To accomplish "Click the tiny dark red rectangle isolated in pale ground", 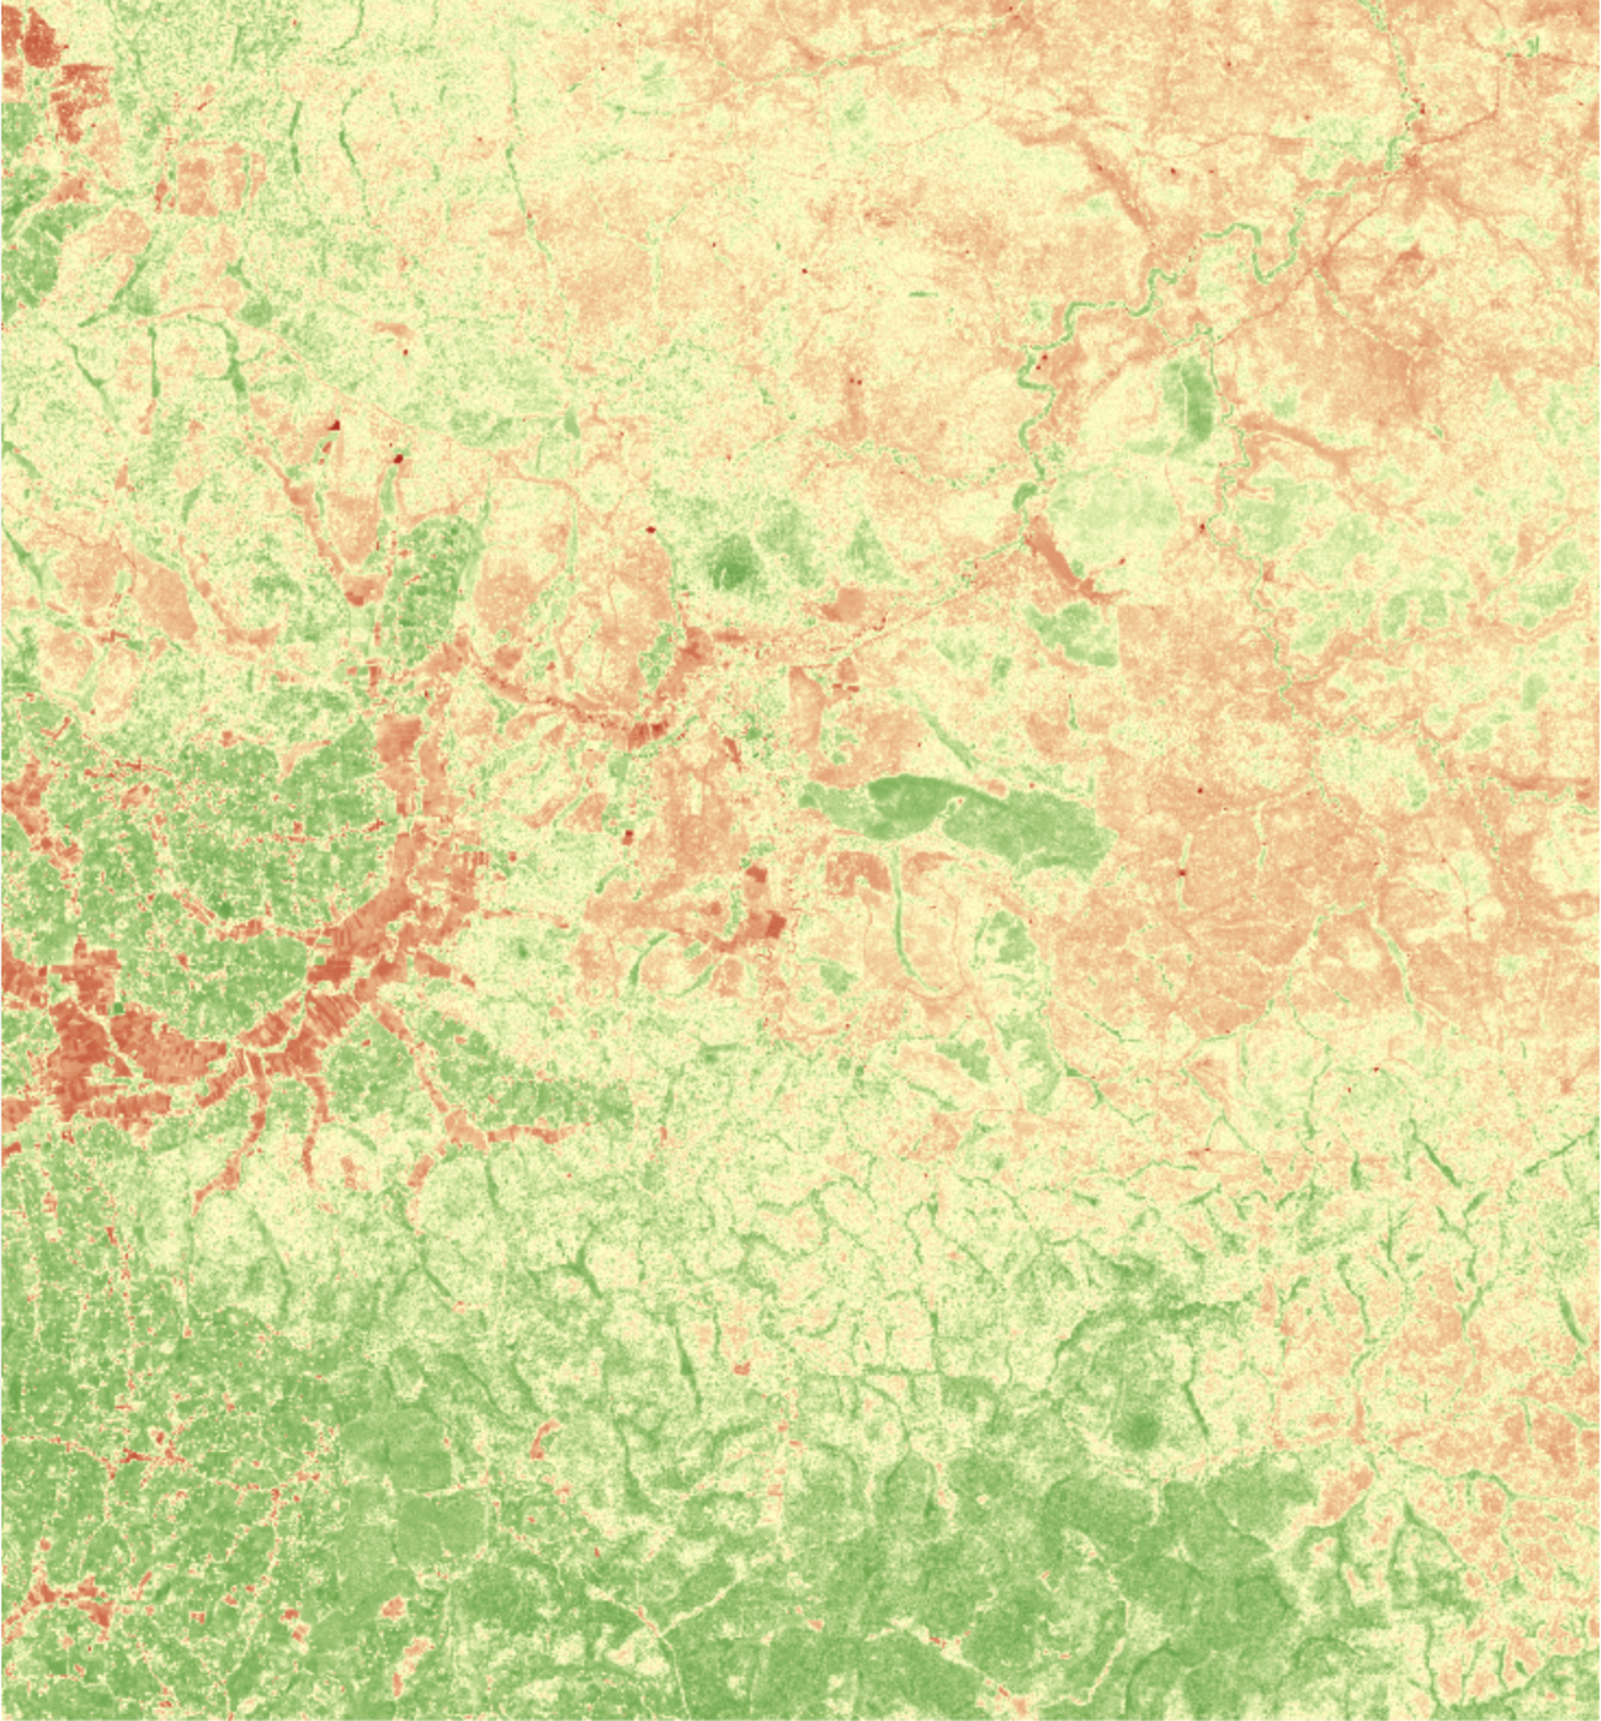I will (629, 835).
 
